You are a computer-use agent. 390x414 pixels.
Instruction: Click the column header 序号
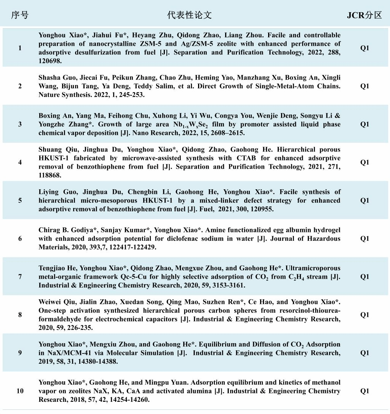click(x=19, y=15)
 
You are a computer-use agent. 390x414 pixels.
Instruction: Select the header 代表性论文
click(x=189, y=15)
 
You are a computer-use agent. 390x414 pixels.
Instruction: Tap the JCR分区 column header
click(x=364, y=15)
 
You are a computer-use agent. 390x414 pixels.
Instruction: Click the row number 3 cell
click(x=20, y=124)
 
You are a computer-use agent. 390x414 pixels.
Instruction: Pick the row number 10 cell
click(x=20, y=391)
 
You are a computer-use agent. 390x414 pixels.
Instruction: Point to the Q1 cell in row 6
click(x=364, y=238)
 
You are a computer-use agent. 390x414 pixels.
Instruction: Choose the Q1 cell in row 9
click(x=364, y=353)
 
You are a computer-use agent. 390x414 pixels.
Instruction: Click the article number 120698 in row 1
click(x=50, y=61)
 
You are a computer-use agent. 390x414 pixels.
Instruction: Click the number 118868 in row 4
click(x=50, y=175)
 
